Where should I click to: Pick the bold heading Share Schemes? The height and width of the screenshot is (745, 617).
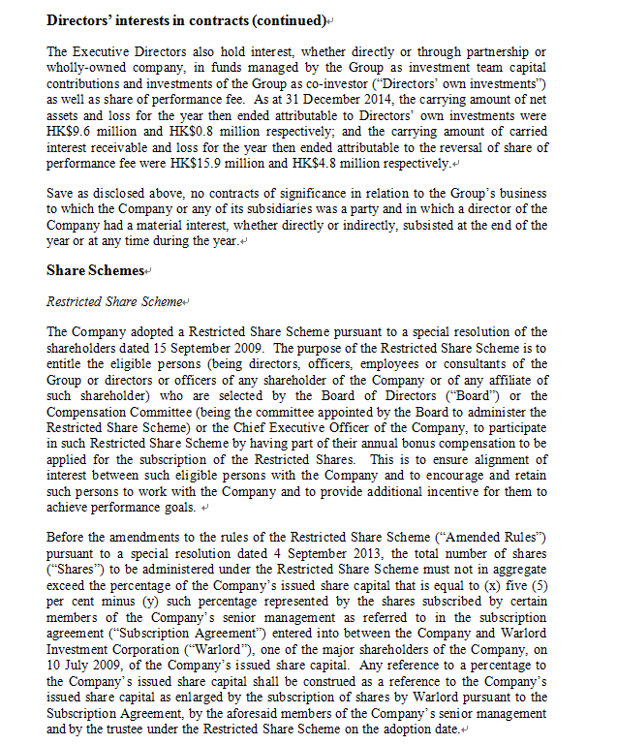[95, 270]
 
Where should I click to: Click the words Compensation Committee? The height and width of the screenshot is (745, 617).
[108, 411]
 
